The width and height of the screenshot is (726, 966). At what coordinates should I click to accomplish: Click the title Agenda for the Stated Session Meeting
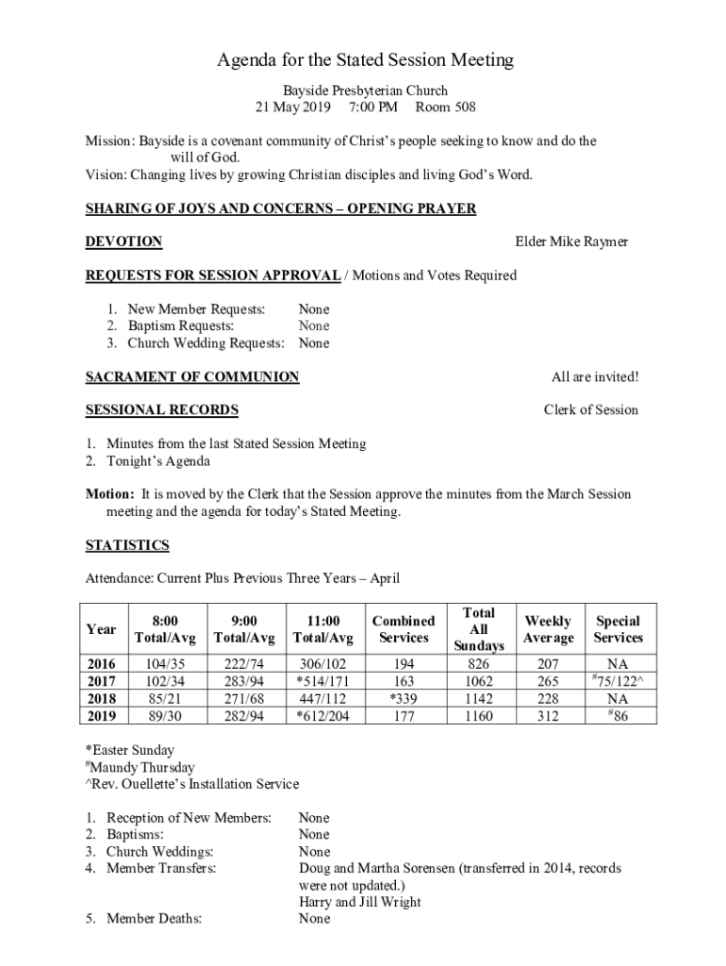[366, 60]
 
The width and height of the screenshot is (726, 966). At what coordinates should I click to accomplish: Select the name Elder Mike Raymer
[571, 242]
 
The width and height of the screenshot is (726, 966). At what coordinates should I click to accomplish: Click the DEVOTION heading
[124, 242]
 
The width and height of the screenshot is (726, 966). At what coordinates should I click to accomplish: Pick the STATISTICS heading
[127, 545]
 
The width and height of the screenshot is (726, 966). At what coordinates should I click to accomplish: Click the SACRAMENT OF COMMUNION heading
[192, 377]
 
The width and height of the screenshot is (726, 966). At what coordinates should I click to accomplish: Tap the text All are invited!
[594, 377]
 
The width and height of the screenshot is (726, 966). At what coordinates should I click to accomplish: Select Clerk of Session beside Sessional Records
[590, 410]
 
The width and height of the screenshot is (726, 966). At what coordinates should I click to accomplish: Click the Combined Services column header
[404, 629]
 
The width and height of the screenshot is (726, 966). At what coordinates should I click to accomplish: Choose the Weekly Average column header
[548, 629]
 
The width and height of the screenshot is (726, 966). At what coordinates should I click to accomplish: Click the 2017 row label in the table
[101, 682]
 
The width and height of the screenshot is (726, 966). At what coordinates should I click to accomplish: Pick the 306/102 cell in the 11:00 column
[323, 665]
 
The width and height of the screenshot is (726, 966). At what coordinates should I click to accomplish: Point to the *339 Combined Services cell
[404, 699]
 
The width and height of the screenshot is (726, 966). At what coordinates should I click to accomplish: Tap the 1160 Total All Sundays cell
[479, 716]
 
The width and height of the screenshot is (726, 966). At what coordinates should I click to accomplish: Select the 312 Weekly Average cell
[548, 716]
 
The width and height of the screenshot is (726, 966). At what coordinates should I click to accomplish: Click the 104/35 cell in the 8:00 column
[165, 665]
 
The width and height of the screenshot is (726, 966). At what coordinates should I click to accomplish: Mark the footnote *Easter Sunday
[130, 751]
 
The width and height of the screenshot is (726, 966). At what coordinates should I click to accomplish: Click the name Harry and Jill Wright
[359, 902]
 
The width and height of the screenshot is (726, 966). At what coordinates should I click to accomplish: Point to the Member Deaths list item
[153, 919]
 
